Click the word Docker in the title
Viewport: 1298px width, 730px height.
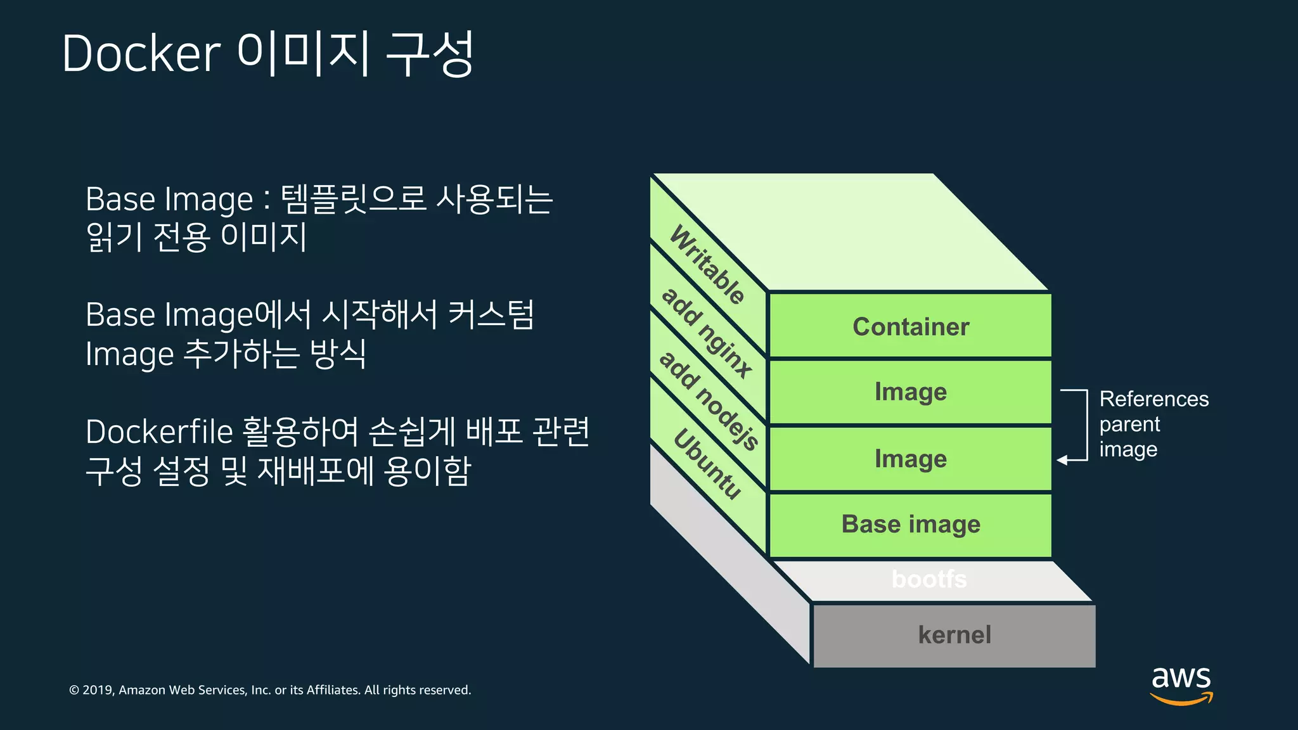pos(141,53)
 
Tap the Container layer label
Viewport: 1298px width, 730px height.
pos(911,327)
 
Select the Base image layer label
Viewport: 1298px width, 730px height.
pos(911,525)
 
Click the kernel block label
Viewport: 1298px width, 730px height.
pos(954,635)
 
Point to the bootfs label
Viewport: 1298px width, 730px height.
pos(929,579)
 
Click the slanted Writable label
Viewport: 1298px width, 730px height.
pos(707,265)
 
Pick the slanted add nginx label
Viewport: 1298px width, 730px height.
pos(707,332)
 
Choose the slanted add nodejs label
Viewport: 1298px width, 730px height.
pos(709,400)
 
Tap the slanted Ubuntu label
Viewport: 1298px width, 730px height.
pos(707,464)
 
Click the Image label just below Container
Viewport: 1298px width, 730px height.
pos(911,392)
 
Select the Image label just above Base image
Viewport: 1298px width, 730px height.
pos(911,459)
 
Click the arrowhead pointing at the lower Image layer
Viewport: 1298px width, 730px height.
pos(1062,460)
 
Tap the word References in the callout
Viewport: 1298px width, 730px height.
pos(1154,399)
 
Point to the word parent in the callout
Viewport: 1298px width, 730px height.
pos(1129,425)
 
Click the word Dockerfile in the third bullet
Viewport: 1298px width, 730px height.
pos(159,432)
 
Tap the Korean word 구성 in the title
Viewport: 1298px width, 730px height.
pos(429,53)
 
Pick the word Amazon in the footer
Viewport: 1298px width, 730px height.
pos(142,690)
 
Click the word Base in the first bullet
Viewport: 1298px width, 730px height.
pos(121,199)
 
